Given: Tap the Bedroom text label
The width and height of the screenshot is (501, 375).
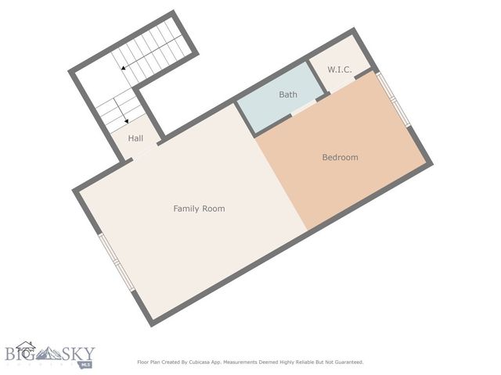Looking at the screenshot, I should click(340, 158).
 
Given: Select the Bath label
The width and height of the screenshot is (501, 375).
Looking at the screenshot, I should click(288, 95).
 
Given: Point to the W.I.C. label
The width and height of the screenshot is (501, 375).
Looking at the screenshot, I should click(339, 70).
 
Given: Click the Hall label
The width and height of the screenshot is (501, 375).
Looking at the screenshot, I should click(135, 138).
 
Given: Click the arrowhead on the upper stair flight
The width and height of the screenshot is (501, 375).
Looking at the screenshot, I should click(124, 69).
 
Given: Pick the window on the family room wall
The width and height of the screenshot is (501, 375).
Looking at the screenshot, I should click(114, 262).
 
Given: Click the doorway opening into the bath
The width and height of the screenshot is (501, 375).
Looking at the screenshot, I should click(303, 111).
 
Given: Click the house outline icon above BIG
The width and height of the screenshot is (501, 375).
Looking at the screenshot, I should click(26, 345).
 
